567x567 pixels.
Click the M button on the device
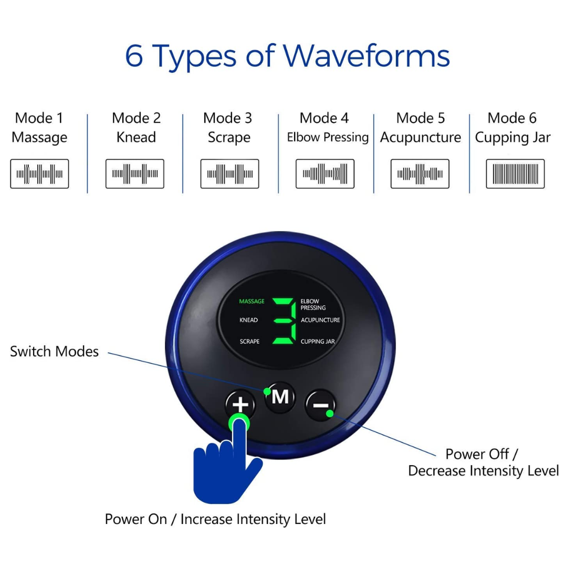(x=280, y=397)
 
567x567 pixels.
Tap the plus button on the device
(x=240, y=405)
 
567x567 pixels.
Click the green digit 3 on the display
(x=284, y=321)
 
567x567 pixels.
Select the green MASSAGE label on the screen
(x=251, y=301)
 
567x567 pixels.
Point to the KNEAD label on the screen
(x=248, y=320)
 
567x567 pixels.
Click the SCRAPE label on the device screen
(x=249, y=341)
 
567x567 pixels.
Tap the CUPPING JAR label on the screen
(x=318, y=341)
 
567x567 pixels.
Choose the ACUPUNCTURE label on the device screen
(x=320, y=320)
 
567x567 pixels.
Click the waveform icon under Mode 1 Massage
(x=39, y=174)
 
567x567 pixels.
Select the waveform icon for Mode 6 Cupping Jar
(x=516, y=174)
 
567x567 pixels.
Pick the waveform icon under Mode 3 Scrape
(x=229, y=174)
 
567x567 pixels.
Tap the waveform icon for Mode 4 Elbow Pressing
(x=325, y=174)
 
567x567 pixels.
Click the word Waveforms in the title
(x=366, y=56)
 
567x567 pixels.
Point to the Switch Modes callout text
(x=54, y=351)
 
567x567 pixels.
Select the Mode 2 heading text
(x=136, y=118)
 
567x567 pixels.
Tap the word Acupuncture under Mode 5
(x=421, y=138)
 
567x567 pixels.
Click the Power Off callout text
(x=481, y=454)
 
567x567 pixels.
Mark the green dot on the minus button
(x=330, y=413)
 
